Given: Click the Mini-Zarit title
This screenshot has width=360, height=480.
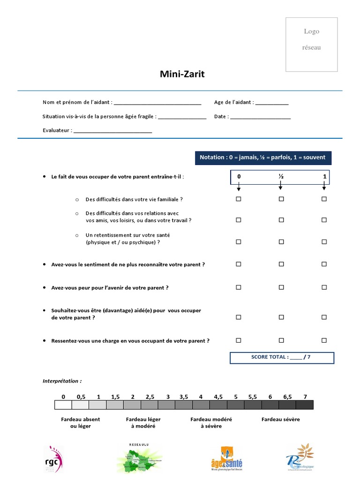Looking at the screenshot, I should pyautogui.click(x=182, y=74).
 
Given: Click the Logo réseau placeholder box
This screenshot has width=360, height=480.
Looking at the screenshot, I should pyautogui.click(x=312, y=45).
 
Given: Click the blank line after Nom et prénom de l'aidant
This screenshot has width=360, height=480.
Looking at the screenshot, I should pyautogui.click(x=157, y=103).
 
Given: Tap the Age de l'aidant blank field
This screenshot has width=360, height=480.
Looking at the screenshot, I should pyautogui.click(x=272, y=103).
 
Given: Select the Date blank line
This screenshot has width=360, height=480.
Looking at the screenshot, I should pyautogui.click(x=260, y=117).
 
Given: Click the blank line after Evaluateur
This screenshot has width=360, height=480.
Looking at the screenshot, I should pyautogui.click(x=112, y=131).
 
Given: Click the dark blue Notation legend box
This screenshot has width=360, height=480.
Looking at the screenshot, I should pyautogui.click(x=262, y=157).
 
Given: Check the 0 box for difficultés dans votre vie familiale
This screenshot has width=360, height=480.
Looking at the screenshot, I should pyautogui.click(x=238, y=199).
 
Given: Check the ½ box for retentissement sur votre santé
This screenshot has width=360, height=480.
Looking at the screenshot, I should pyautogui.click(x=281, y=242).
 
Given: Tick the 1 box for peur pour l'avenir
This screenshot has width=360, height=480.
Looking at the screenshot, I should pyautogui.click(x=324, y=287).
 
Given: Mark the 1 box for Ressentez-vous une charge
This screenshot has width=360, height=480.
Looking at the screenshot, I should pyautogui.click(x=324, y=341).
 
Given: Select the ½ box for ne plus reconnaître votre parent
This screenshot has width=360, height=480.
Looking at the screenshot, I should pyautogui.click(x=281, y=264).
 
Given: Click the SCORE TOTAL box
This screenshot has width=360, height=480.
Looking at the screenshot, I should pyautogui.click(x=282, y=358).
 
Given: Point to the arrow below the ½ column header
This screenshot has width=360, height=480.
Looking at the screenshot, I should pyautogui.click(x=281, y=187).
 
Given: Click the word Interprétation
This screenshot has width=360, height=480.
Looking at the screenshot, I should pyautogui.click(x=62, y=382).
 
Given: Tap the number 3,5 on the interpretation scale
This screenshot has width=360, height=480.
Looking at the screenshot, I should pyautogui.click(x=184, y=397).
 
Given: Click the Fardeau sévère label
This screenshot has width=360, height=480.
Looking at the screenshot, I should pyautogui.click(x=280, y=420).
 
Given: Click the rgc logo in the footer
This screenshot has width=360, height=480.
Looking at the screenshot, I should pyautogui.click(x=53, y=459).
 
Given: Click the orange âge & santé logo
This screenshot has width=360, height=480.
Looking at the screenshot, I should pyautogui.click(x=227, y=458).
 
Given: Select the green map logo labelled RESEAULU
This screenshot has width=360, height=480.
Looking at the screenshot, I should pyautogui.click(x=139, y=458).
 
